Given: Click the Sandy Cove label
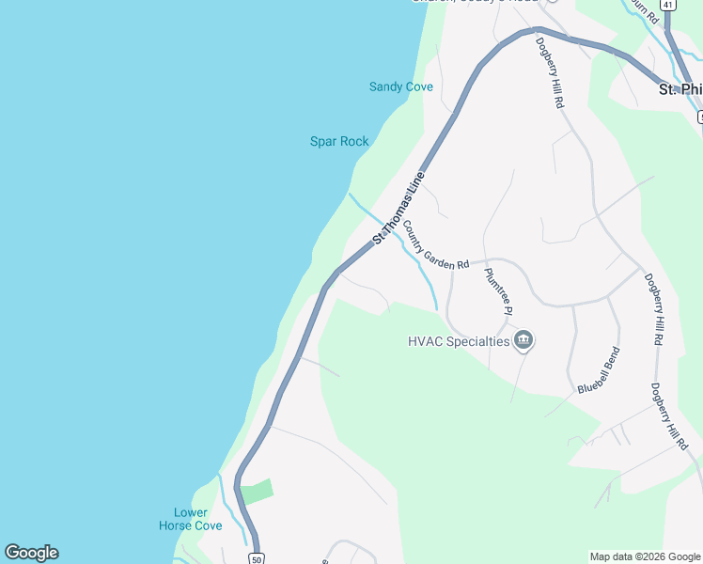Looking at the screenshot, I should click(x=400, y=87).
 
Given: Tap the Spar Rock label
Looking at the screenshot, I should click(x=339, y=142).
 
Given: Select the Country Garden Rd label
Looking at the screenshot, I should click(x=435, y=245).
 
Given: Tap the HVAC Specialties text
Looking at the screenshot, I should click(x=459, y=341).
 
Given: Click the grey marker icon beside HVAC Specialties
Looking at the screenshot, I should click(x=524, y=340).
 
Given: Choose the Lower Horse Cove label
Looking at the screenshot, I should click(x=191, y=519).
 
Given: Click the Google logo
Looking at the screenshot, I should click(x=31, y=553).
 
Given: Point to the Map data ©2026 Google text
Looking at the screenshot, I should click(x=644, y=556).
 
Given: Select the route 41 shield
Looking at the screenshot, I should click(x=667, y=5).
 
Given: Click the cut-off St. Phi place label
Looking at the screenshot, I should click(x=680, y=89).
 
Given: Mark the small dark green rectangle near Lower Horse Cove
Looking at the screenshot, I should click(x=256, y=492).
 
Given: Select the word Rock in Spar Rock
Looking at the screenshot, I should click(x=353, y=142).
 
